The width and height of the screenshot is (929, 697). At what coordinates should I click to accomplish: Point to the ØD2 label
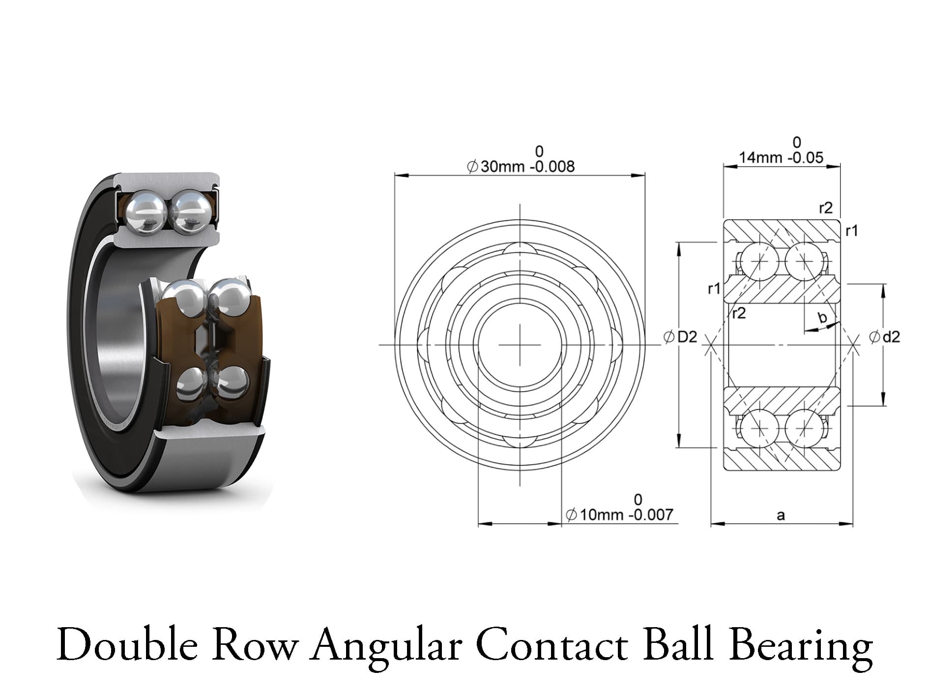point(680,337)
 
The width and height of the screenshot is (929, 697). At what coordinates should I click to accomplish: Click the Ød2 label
point(884,337)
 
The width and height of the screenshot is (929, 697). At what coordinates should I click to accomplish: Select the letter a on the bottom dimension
point(781,515)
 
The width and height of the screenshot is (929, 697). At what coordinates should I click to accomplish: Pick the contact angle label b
point(822,318)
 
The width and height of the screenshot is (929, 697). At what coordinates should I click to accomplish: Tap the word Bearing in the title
point(801,645)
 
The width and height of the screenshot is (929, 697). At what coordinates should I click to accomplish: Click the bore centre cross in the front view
point(520,345)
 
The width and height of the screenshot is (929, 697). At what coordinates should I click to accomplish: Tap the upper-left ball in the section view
point(760,261)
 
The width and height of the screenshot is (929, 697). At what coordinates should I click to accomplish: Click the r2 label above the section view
point(826,208)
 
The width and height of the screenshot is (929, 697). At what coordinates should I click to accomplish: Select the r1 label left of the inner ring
point(714,289)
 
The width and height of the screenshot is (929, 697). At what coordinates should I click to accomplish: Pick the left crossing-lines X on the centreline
point(709,345)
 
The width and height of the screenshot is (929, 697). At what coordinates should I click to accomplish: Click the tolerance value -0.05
point(805,157)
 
